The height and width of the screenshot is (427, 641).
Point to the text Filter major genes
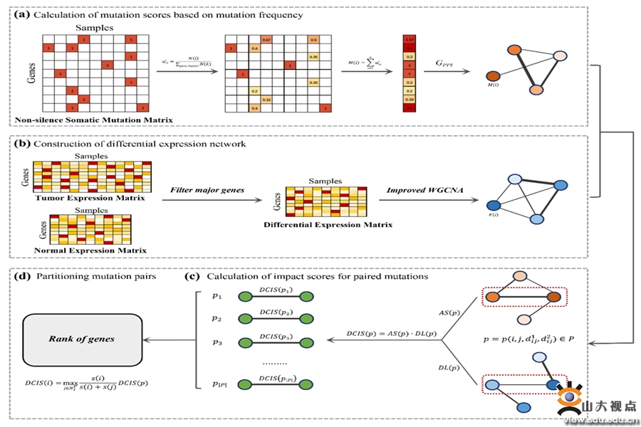(208, 191)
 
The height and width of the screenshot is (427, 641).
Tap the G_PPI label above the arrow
(444, 64)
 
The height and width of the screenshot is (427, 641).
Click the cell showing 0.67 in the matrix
(266, 39)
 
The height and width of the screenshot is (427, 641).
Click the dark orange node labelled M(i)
(492, 75)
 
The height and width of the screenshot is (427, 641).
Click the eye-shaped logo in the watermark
(570, 402)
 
